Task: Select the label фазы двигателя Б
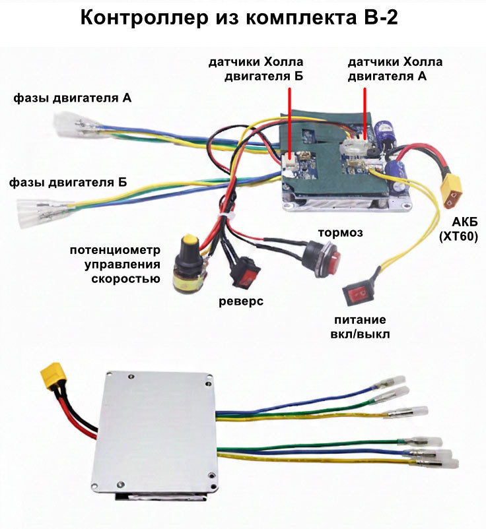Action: point(68,181)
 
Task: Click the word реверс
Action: point(241,301)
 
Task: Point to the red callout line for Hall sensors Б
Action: point(289,119)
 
